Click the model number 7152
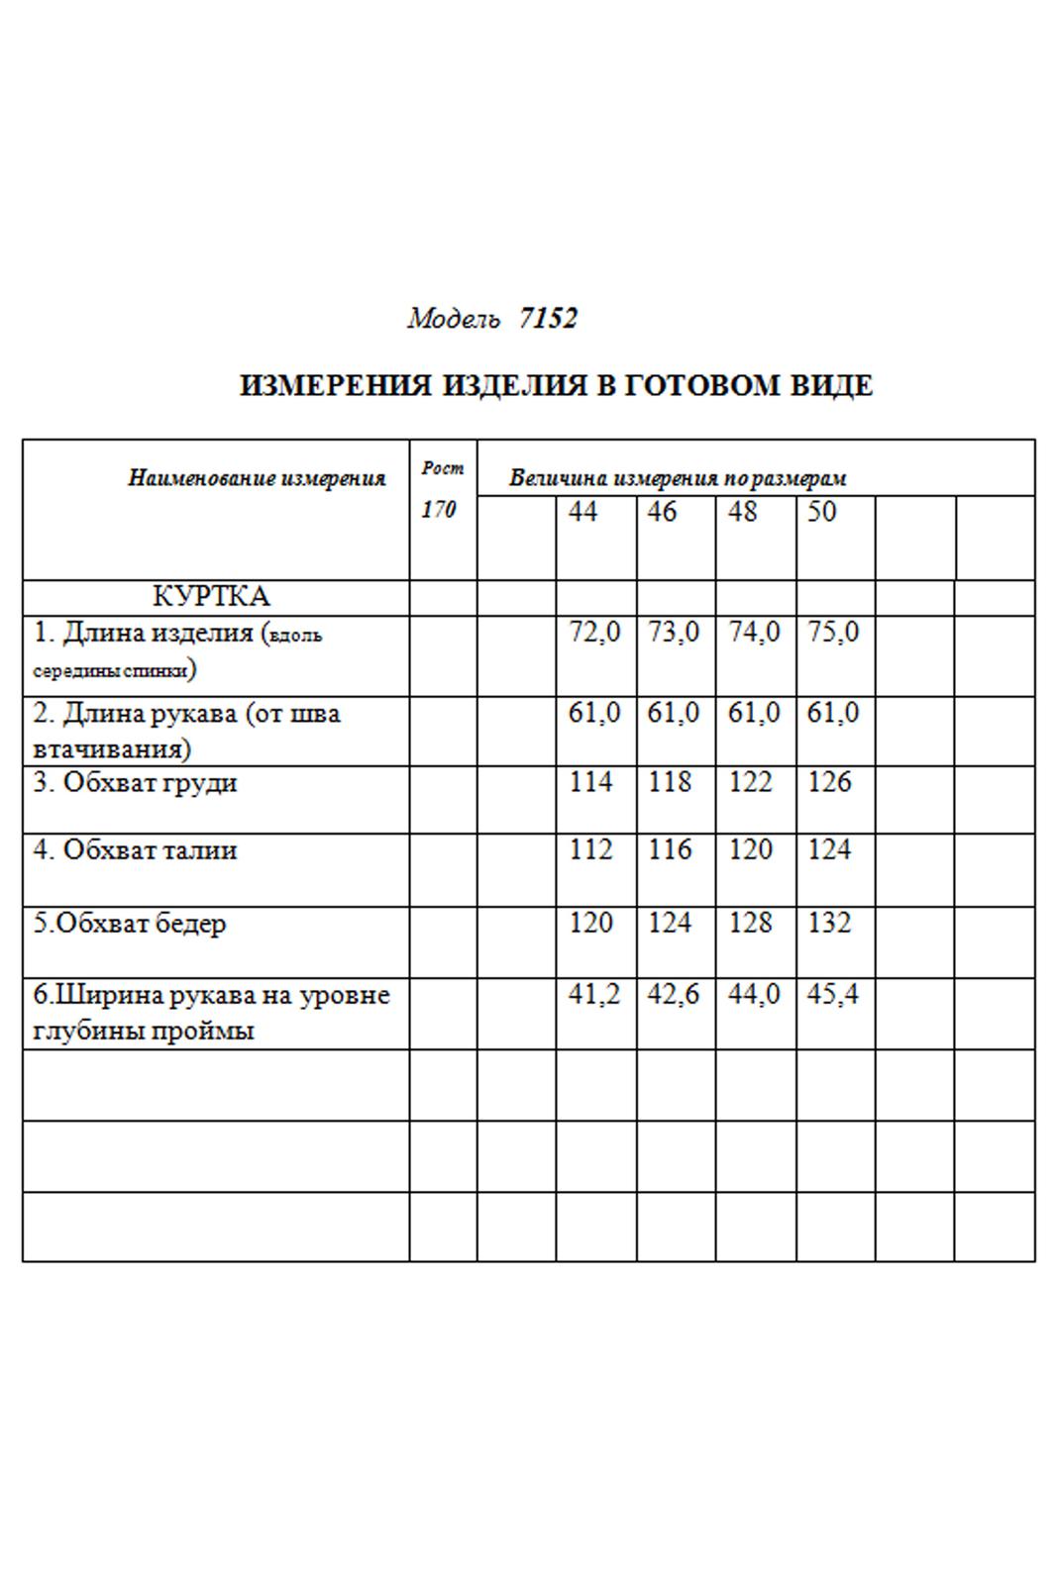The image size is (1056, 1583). coord(547,319)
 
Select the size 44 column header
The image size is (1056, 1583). coord(583,512)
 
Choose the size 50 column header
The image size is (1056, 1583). coord(822,512)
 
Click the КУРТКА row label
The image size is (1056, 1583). coord(211,597)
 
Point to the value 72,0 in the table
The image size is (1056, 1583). coord(594,632)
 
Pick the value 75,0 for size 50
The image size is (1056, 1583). coord(833,632)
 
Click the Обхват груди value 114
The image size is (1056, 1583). coord(591,782)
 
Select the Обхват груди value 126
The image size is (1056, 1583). coord(829,782)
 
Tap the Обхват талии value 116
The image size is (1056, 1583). coord(670,849)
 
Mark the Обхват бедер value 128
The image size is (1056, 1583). coord(750,923)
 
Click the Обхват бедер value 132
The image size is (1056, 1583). coord(829,923)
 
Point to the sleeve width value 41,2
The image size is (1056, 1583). coord(594,994)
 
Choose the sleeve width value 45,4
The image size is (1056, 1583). coord(833,994)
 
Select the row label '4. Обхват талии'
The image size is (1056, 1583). coord(135,850)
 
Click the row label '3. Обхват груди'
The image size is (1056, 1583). coord(135,783)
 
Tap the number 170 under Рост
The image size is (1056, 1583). coord(438,510)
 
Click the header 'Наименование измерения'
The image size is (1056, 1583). coord(257,479)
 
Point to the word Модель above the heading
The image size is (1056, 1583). coord(454,319)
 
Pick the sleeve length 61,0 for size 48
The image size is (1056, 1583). coord(754,713)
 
